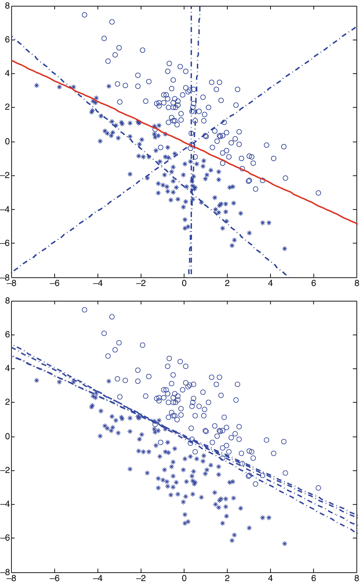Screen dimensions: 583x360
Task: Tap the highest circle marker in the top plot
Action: pos(85,15)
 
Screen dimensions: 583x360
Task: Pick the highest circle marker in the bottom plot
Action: pos(85,310)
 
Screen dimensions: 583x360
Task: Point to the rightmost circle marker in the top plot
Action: pos(318,193)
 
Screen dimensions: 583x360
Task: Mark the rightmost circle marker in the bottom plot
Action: pos(318,488)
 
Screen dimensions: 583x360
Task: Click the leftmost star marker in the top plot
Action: pos(37,86)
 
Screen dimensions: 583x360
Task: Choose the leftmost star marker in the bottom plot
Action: pos(37,381)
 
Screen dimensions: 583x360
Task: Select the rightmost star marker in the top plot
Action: pos(284,248)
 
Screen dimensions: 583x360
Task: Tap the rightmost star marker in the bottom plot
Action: pos(284,544)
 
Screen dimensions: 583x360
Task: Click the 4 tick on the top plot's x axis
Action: pos(270,283)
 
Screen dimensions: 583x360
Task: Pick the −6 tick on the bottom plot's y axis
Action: pos(5,538)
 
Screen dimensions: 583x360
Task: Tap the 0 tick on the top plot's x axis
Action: pos(184,283)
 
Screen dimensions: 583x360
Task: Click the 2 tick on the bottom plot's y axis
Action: pos(6,402)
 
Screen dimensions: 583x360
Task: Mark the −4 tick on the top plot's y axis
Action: pos(5,209)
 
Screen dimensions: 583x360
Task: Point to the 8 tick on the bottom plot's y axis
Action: pos(6,301)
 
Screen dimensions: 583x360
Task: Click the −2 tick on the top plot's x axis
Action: pos(141,283)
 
